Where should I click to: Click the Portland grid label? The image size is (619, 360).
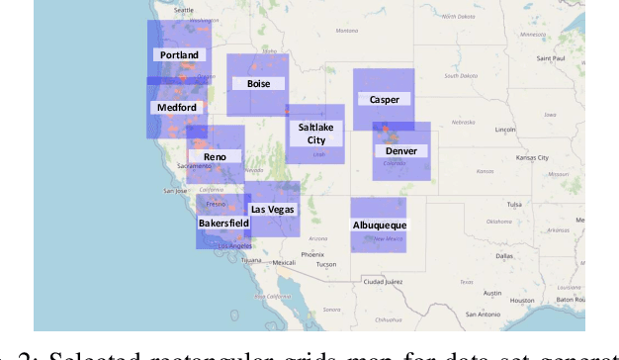(x=178, y=55)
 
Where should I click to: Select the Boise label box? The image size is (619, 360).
(x=258, y=84)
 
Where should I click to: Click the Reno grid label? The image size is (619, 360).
(x=215, y=156)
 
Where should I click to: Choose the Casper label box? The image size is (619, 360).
(x=384, y=99)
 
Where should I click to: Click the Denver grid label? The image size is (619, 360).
(x=401, y=150)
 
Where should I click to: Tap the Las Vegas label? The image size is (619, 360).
(x=272, y=209)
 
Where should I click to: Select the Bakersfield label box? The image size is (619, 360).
(x=223, y=223)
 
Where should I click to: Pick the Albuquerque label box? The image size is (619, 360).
(x=380, y=225)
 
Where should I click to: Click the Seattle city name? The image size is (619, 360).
(x=184, y=10)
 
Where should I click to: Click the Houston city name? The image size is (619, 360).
(x=522, y=300)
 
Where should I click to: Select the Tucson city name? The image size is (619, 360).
(x=312, y=264)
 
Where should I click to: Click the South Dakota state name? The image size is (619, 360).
(x=460, y=75)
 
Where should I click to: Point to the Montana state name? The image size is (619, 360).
(x=346, y=31)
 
